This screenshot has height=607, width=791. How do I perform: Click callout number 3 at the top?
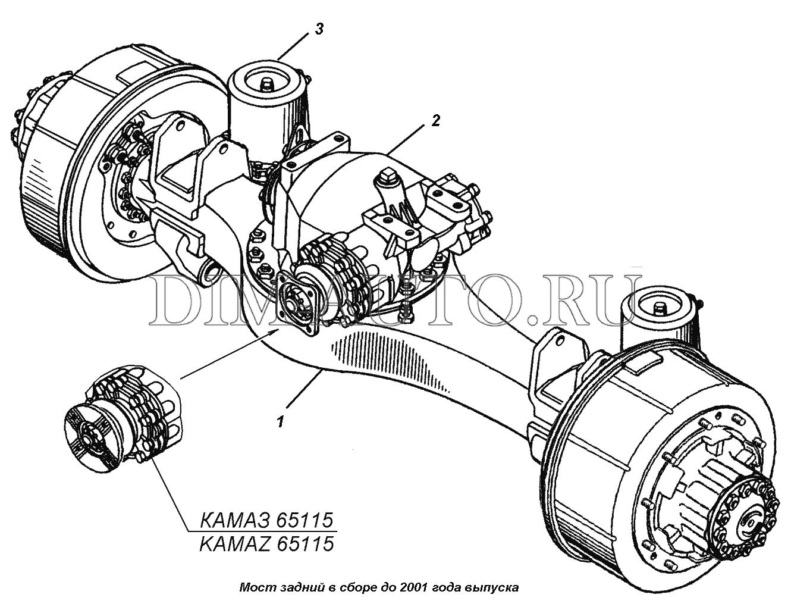pos(319,30)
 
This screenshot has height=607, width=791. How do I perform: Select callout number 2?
pos(435,120)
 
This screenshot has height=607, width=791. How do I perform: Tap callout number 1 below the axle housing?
pos(280,422)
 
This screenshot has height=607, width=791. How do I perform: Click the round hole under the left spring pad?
pos(212,270)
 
